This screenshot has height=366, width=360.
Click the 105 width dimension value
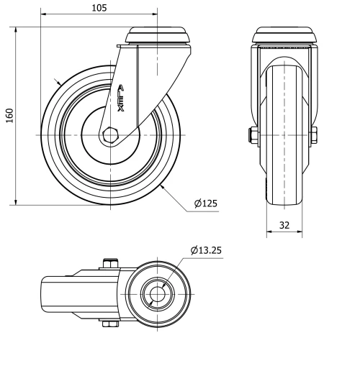[99, 8]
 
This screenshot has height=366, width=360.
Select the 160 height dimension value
[9, 116]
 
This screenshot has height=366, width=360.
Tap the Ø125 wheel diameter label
[206, 203]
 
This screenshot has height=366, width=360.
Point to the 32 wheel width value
[284, 225]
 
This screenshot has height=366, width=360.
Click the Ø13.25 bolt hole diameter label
[206, 250]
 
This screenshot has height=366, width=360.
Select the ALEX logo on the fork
[121, 99]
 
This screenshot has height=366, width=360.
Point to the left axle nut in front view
[255, 134]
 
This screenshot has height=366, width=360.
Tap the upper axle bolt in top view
[109, 263]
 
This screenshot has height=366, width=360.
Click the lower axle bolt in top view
[109, 324]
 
